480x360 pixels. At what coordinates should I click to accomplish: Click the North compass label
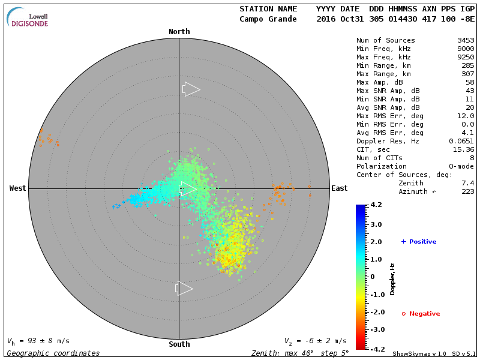(179, 32)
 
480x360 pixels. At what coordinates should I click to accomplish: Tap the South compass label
(179, 344)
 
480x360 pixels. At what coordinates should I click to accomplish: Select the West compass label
(18, 188)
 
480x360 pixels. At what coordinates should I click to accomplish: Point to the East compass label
(339, 188)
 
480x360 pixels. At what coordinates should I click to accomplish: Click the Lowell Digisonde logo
(28, 18)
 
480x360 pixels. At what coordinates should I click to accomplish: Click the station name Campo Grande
(268, 19)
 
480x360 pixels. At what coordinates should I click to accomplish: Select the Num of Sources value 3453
(466, 41)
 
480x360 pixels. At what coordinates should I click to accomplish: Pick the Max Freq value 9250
(466, 58)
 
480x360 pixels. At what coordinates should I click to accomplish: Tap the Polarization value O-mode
(459, 166)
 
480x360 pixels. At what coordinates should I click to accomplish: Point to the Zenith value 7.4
(468, 183)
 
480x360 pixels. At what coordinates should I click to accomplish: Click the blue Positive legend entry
(419, 242)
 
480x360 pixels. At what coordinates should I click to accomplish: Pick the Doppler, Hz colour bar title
(392, 279)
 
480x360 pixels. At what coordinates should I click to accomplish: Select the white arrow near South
(184, 289)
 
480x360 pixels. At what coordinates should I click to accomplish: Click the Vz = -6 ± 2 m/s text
(315, 341)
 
